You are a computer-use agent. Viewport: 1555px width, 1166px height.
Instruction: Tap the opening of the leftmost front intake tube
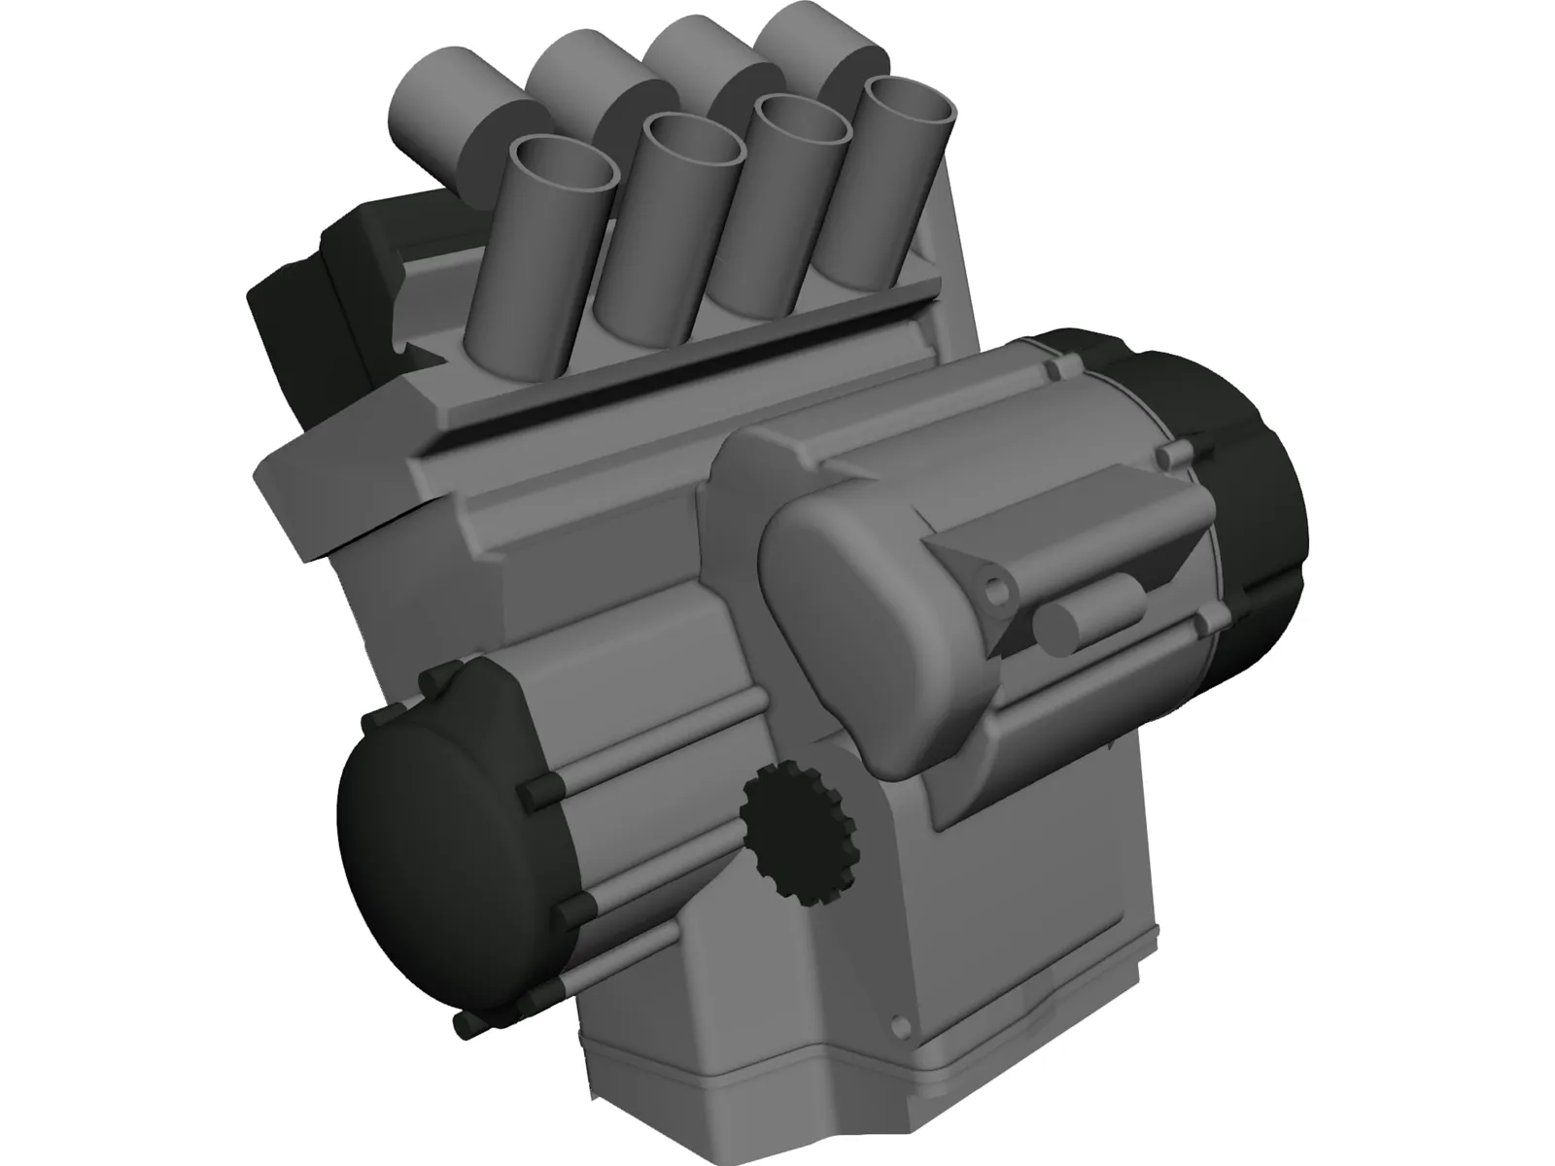tap(564, 164)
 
